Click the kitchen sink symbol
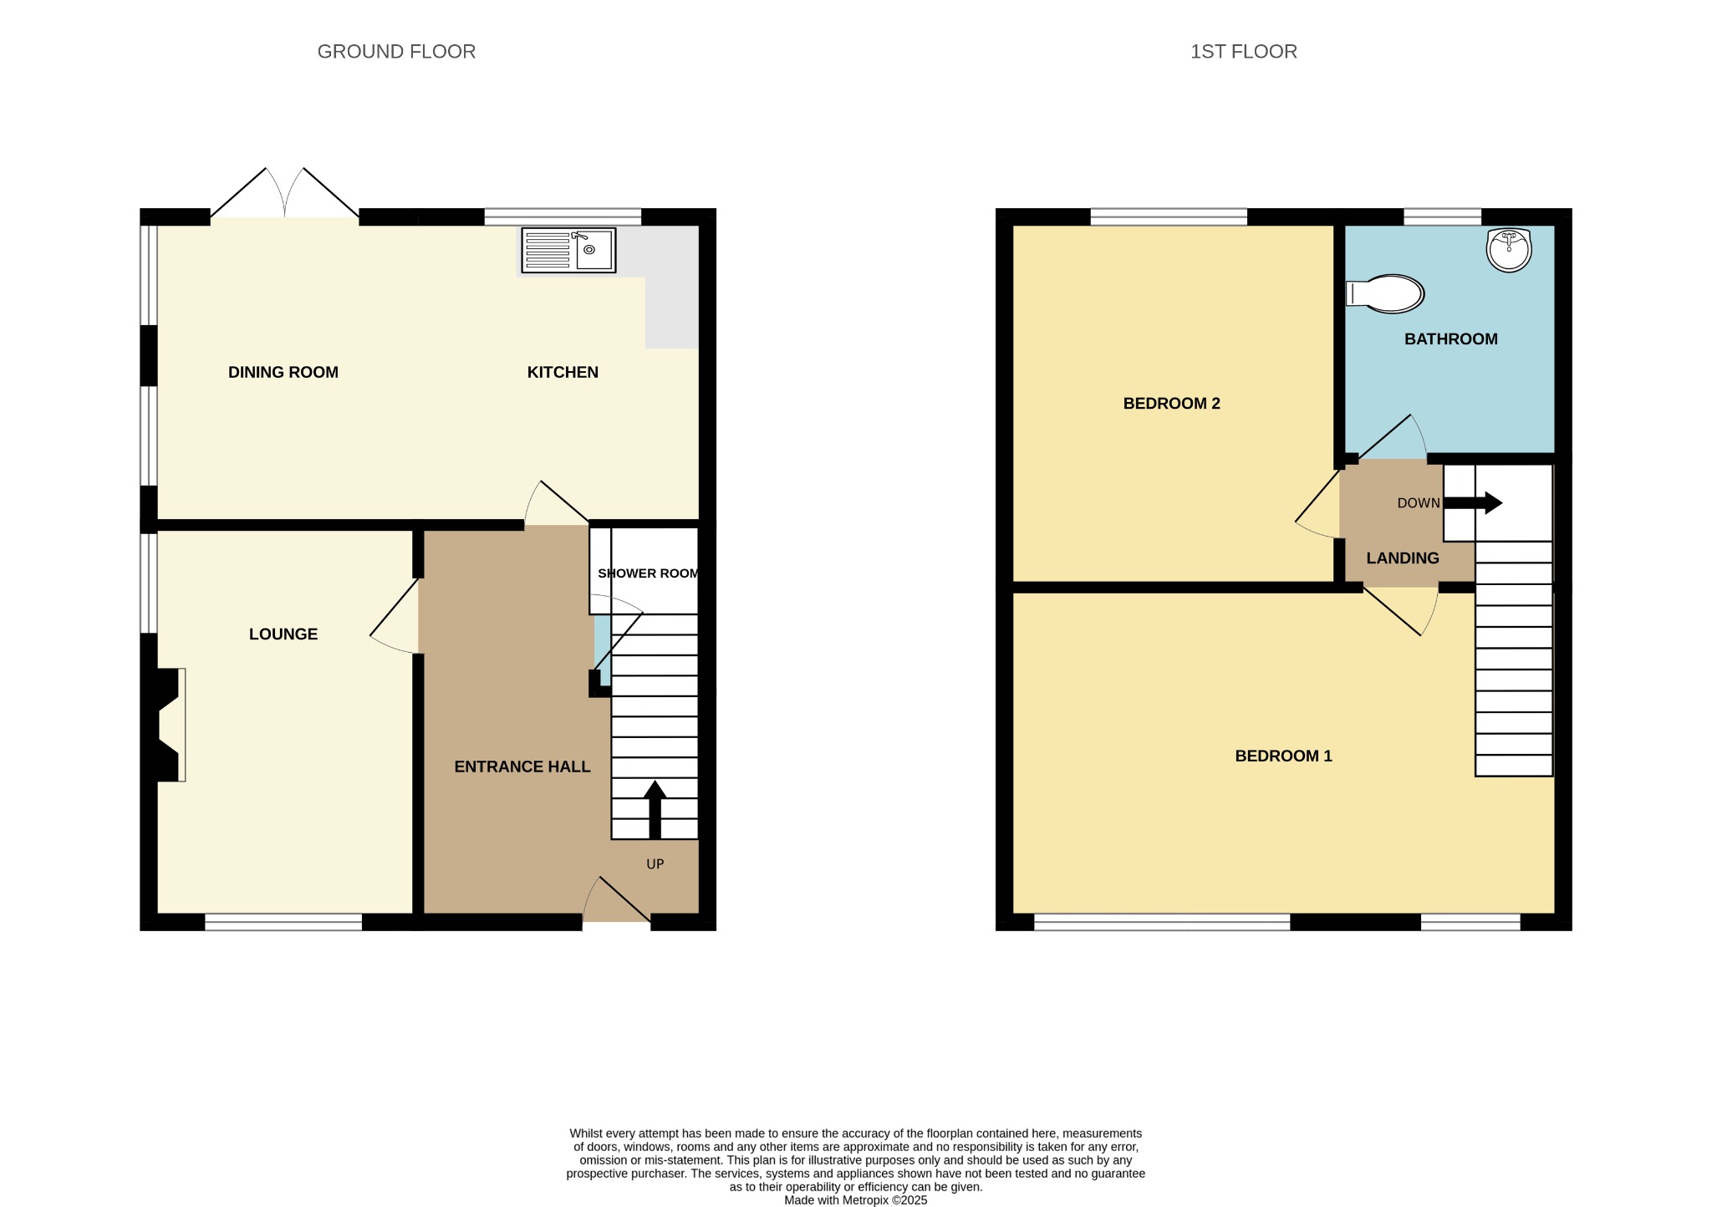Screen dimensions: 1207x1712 click(568, 250)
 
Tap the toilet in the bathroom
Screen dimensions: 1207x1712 click(1386, 294)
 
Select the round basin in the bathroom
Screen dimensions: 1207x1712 click(1509, 249)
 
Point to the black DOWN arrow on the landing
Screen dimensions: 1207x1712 click(1473, 503)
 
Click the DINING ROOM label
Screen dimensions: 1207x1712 click(283, 372)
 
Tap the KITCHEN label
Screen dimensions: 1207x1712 click(563, 372)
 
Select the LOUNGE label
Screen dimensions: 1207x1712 click(283, 634)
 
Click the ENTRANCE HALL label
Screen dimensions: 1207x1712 click(522, 766)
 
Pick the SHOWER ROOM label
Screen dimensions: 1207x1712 click(648, 573)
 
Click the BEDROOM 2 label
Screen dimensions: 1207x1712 click(1171, 403)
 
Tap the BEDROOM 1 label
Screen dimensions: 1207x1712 click(1283, 756)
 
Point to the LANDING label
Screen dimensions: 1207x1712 click(1402, 558)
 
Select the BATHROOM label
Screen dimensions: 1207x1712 click(1450, 339)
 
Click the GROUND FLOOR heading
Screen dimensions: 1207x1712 click(396, 52)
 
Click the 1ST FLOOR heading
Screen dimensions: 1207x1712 click(1243, 52)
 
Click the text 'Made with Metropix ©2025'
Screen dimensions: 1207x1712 click(855, 1199)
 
